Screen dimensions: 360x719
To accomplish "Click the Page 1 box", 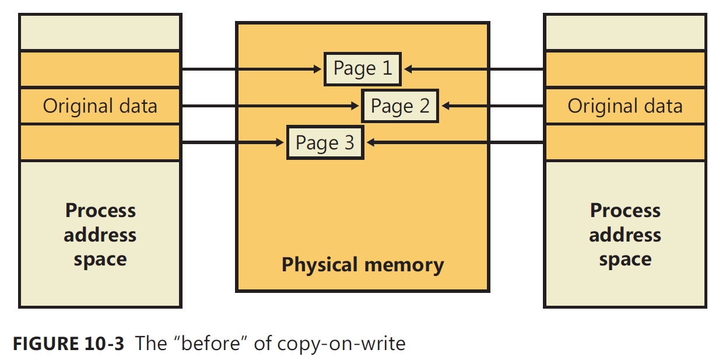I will pyautogui.click(x=362, y=69).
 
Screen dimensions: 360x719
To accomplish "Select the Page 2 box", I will pyautogui.click(x=399, y=106).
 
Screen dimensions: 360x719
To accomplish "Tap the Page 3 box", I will pyautogui.click(x=325, y=143).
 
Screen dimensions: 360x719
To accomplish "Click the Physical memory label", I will pyautogui.click(x=362, y=265).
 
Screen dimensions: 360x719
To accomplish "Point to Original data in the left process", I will pyautogui.click(x=100, y=106).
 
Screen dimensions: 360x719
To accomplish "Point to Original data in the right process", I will pyautogui.click(x=625, y=106).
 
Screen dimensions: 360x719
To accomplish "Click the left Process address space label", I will pyautogui.click(x=100, y=235).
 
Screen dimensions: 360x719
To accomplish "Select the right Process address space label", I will pyautogui.click(x=625, y=235).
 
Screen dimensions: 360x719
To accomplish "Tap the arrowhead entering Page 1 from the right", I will pyautogui.click(x=408, y=69).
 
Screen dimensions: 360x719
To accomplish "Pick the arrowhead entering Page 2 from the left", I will pyautogui.click(x=355, y=106).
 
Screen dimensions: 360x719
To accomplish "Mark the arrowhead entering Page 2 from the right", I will pyautogui.click(x=446, y=106).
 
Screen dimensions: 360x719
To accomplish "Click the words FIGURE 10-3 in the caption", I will pyautogui.click(x=68, y=343).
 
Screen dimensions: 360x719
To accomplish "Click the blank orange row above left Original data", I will pyautogui.click(x=100, y=69).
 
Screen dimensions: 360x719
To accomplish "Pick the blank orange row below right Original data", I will pyautogui.click(x=625, y=143).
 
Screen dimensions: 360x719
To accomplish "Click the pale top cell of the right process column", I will pyautogui.click(x=625, y=32).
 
